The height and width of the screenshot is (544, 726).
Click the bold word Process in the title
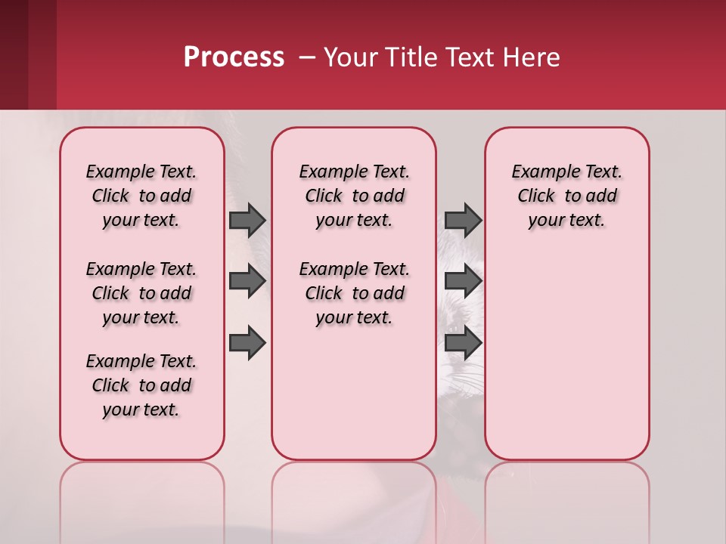coord(234,57)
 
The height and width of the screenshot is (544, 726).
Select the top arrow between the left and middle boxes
coord(247,220)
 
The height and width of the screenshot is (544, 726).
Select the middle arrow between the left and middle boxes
coord(247,281)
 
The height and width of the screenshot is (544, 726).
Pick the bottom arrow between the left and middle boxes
coord(247,342)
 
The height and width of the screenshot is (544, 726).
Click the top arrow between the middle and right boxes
coord(463,220)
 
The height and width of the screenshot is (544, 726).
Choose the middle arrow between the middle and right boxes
coord(463,281)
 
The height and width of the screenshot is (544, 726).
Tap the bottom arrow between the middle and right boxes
coord(463,342)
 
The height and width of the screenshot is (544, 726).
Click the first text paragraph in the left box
coord(141,196)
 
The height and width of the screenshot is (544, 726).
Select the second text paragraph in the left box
coord(141,293)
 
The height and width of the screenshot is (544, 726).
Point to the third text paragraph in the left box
coord(141,385)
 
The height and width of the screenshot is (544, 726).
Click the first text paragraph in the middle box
coord(354,196)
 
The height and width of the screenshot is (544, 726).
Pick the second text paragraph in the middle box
coord(354,293)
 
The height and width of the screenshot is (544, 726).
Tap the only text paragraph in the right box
coord(566,196)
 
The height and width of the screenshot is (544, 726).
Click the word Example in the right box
coord(540,172)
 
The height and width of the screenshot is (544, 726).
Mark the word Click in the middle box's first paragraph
coord(324,196)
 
